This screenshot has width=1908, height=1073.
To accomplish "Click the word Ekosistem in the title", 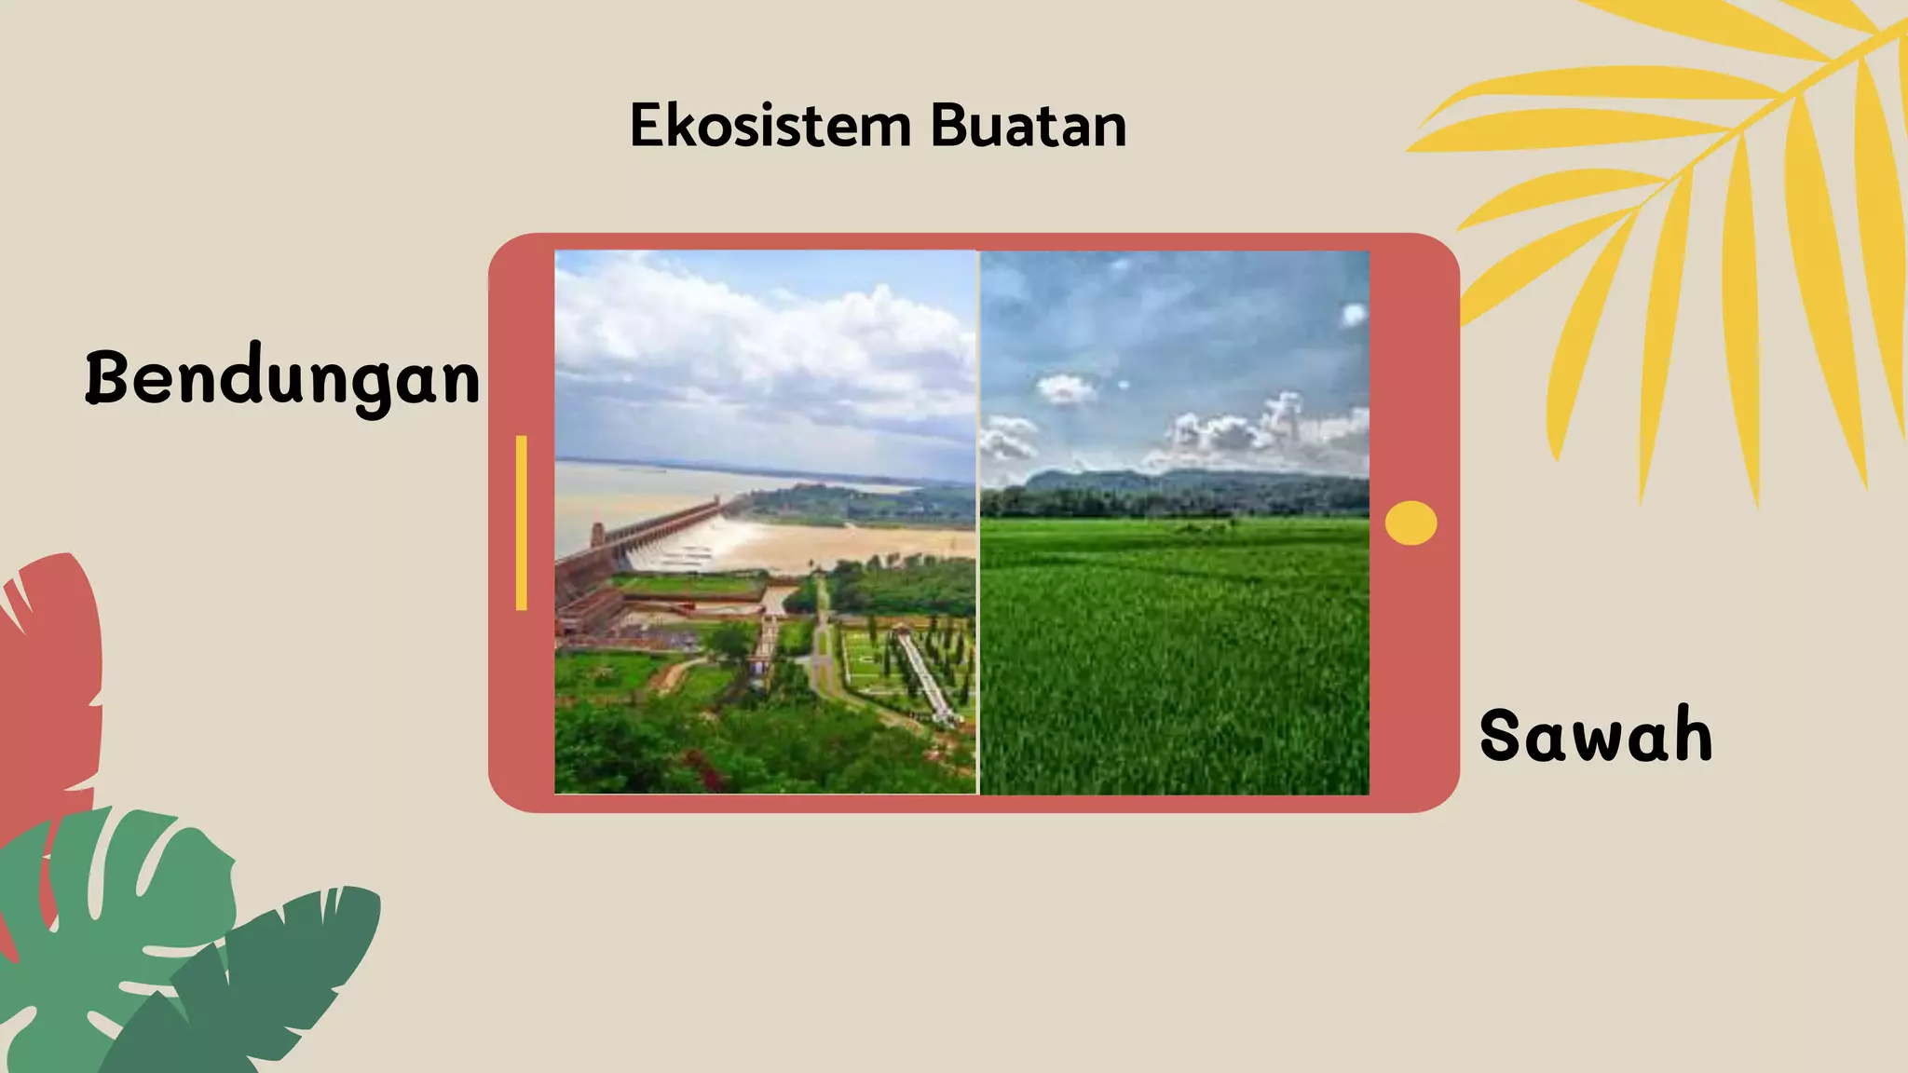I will tap(770, 126).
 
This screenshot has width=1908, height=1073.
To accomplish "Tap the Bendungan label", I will tap(283, 378).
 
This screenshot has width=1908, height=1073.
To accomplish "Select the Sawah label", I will tap(1596, 736).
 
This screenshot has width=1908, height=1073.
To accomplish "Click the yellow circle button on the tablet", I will tap(1411, 523).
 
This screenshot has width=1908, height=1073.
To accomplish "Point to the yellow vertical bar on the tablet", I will tap(522, 523).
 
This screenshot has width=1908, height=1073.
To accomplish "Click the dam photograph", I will tap(764, 522).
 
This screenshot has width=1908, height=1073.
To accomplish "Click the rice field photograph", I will tap(1174, 633).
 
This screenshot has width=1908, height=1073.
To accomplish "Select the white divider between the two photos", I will tap(977, 522).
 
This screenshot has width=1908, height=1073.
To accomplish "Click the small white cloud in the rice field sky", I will tap(1066, 388).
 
